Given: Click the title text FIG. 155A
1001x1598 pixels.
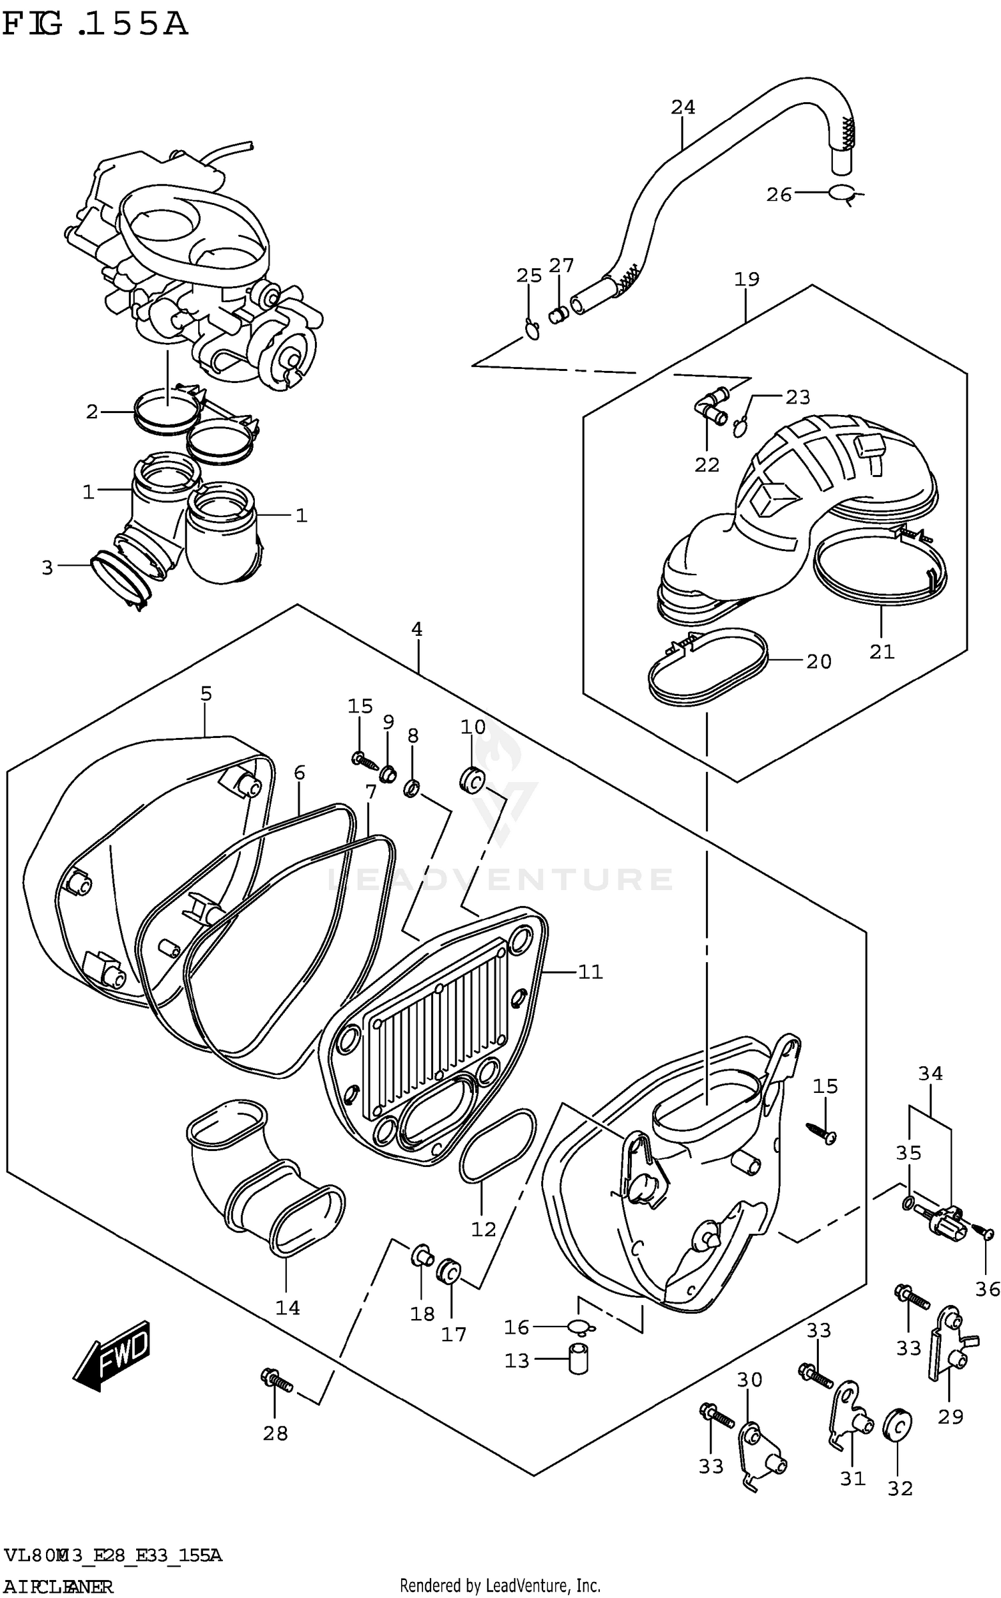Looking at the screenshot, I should coord(95,25).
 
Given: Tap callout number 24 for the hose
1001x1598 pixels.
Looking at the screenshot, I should coord(682,107).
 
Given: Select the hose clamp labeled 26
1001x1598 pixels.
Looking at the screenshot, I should coord(844,193).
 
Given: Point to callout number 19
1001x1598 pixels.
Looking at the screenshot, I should coord(747,279).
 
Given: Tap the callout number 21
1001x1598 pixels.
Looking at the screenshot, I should coord(881,652).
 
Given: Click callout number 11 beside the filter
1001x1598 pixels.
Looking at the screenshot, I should coord(590,972).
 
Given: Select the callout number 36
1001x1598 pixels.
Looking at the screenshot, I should coord(988,1289).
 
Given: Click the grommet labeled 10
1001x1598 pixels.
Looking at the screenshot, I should coord(472,779).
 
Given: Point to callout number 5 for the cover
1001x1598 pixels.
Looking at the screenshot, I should coord(206,694).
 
